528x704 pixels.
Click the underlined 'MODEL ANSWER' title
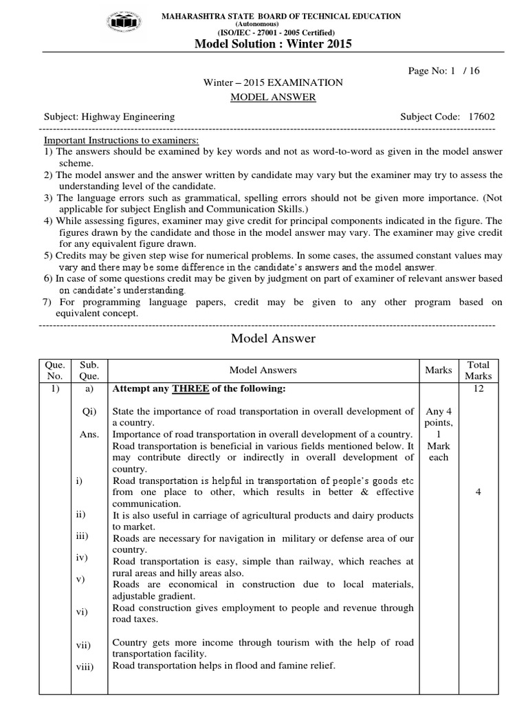pyautogui.click(x=273, y=97)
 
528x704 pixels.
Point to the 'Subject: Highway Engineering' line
pyautogui.click(x=109, y=117)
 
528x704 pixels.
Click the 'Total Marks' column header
pyautogui.click(x=478, y=370)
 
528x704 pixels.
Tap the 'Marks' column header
pyautogui.click(x=439, y=370)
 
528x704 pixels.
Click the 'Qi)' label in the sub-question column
pyautogui.click(x=90, y=412)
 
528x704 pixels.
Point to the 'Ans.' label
pyautogui.click(x=90, y=434)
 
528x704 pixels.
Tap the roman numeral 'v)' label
pyautogui.click(x=80, y=580)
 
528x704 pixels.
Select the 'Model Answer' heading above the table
pyautogui.click(x=273, y=338)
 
